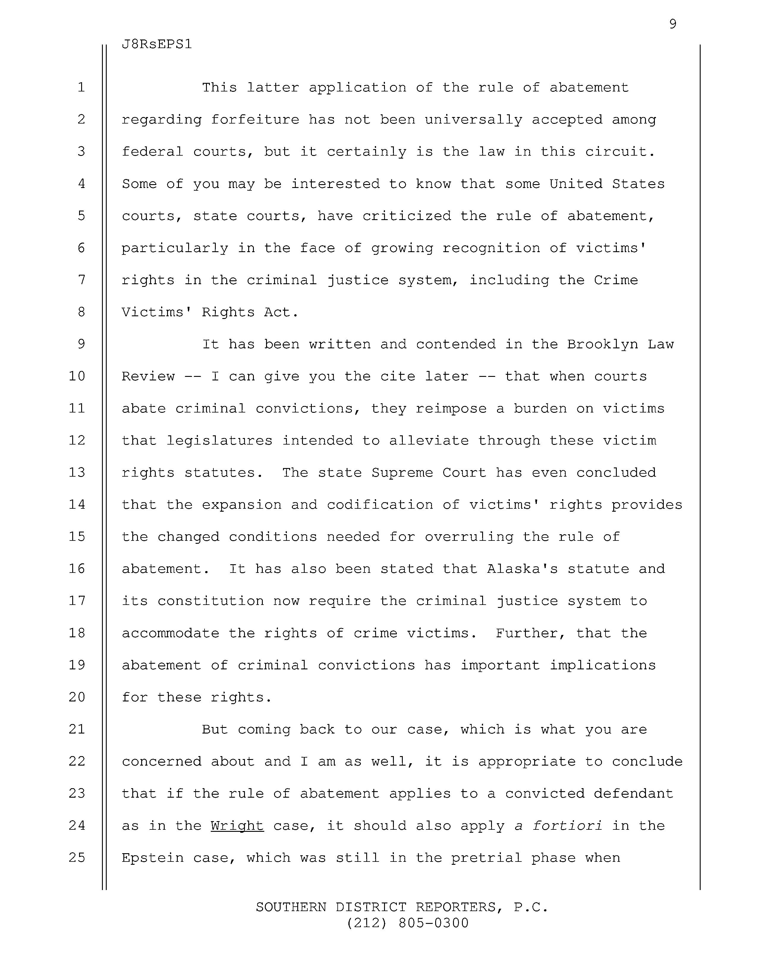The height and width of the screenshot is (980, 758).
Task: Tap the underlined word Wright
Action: click(237, 826)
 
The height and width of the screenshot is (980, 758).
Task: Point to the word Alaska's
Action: click(522, 569)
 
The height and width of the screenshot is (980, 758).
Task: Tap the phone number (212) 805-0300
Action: click(408, 923)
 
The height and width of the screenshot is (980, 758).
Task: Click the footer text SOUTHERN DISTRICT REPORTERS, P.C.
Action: click(402, 907)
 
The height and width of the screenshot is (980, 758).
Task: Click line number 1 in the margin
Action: click(81, 87)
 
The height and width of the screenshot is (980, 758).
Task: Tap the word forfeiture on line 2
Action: click(255, 120)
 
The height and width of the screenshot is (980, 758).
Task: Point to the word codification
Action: click(380, 505)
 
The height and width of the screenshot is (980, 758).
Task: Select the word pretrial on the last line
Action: click(486, 858)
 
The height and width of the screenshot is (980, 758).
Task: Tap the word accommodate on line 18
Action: click(171, 633)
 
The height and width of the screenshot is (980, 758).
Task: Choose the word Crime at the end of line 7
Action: click(616, 280)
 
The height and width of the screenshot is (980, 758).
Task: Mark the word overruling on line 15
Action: click(469, 537)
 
